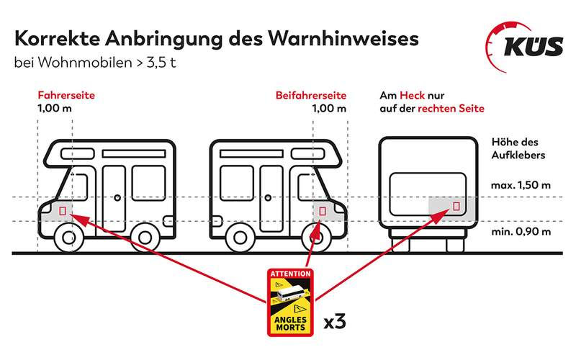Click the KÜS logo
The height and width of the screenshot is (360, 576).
coord(525,47)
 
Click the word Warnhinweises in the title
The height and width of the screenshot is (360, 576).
coord(343,38)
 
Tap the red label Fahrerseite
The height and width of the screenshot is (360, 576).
coord(66,95)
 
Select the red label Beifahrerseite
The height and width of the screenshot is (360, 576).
coord(311,96)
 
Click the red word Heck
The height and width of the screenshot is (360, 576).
coord(412,96)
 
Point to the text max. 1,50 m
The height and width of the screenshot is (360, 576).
coord(521,185)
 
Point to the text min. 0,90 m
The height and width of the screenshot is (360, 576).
coord(521,231)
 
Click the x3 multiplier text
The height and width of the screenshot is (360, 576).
coord(335,321)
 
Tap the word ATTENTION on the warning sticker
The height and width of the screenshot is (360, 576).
coord(291,274)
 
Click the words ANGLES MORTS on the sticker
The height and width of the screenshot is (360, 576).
coord(290,323)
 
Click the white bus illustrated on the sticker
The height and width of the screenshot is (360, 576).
coord(290,294)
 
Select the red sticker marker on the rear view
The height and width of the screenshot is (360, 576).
coord(456,206)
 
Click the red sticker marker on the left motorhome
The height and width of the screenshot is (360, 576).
coord(63,211)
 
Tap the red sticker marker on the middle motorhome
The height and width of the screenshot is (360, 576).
coord(322,211)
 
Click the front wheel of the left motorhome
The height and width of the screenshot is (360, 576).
coord(68,238)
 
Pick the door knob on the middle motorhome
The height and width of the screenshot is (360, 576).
coord(268,197)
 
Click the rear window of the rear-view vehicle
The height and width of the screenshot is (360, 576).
coord(427,194)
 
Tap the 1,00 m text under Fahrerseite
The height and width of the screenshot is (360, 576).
coord(55,109)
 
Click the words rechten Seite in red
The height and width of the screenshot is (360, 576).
coord(451,109)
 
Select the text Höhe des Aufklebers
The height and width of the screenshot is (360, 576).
coord(518,148)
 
